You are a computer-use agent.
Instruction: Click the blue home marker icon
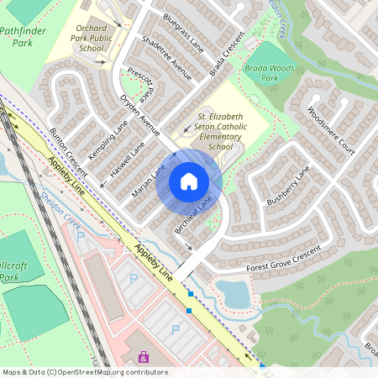pos(189,181)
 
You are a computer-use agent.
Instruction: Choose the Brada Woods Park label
pos(261,72)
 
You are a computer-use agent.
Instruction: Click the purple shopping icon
pos(143,357)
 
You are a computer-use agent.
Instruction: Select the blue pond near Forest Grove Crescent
pos(233,293)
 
